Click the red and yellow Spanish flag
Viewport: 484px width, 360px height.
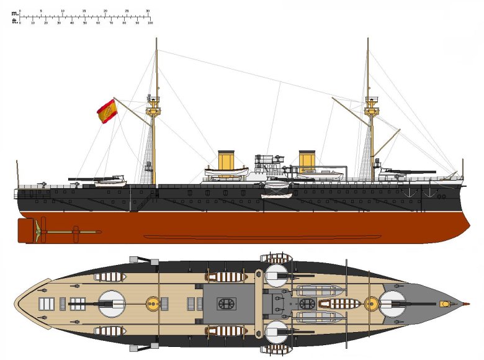click(x=107, y=110)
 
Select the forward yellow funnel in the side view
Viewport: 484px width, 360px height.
click(x=307, y=160)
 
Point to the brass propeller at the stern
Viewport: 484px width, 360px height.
click(x=42, y=230)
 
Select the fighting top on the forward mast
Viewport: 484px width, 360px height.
click(x=371, y=112)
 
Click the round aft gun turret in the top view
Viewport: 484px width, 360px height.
click(x=112, y=304)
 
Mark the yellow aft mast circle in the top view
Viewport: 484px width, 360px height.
click(x=152, y=304)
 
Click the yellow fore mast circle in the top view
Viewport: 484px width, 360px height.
click(x=371, y=304)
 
